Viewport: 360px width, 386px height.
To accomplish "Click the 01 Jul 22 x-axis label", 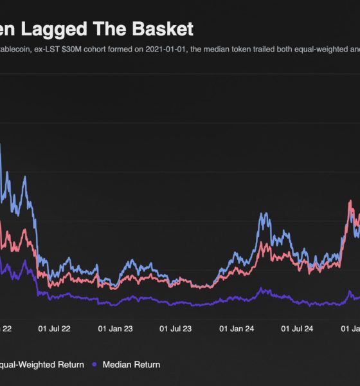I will tap(55, 329).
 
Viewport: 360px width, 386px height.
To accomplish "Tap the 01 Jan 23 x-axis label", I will tap(115, 329).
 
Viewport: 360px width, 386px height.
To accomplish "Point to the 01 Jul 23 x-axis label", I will tap(175, 329).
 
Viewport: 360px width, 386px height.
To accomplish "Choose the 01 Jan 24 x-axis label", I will tap(236, 329).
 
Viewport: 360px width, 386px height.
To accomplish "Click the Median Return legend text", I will tap(131, 365).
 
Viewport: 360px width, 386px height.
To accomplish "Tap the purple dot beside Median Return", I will tap(95, 365).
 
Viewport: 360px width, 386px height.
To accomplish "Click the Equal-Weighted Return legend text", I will tap(41, 365).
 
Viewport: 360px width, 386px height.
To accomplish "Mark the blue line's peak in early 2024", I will tap(263, 214).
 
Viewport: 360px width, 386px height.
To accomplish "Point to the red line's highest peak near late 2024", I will tap(350, 201).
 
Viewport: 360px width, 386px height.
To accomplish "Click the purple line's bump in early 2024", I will tap(261, 289).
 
